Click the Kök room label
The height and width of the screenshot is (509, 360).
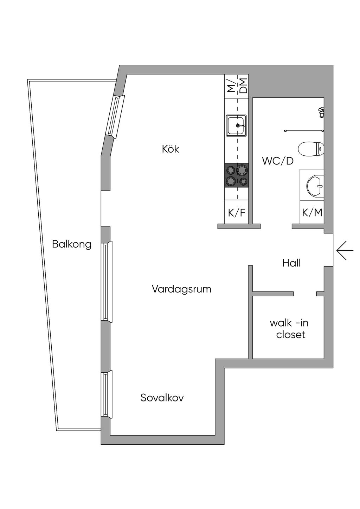(x=171, y=149)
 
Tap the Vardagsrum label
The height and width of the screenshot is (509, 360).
(x=182, y=289)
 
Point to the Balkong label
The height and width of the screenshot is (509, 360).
(x=72, y=245)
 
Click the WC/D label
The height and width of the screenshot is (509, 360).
(x=278, y=161)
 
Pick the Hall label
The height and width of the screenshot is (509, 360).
(x=291, y=263)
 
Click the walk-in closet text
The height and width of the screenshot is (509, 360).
(x=289, y=329)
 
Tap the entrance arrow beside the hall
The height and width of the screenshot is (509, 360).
(x=345, y=250)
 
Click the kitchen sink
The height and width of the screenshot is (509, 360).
(x=236, y=125)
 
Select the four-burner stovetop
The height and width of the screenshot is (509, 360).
(x=236, y=175)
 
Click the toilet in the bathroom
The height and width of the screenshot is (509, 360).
(x=311, y=149)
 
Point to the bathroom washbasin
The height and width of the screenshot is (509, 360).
(x=315, y=186)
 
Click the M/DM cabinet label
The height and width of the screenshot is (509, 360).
(x=236, y=86)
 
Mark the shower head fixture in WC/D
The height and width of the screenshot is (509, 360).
(x=321, y=112)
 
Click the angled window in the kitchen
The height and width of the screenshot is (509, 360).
(x=116, y=117)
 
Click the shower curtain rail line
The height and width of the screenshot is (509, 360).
(x=304, y=131)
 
